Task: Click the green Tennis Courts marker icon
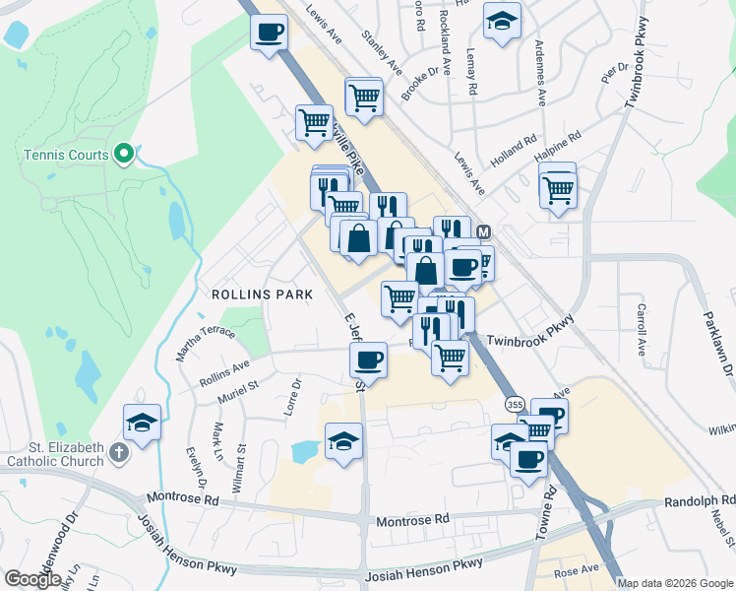point(124,154)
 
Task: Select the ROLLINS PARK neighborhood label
point(262,295)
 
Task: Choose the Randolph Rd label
point(699,500)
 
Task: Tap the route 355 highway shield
point(515,404)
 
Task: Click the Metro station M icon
point(483,231)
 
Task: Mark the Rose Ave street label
point(576,570)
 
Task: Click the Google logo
point(33,579)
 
